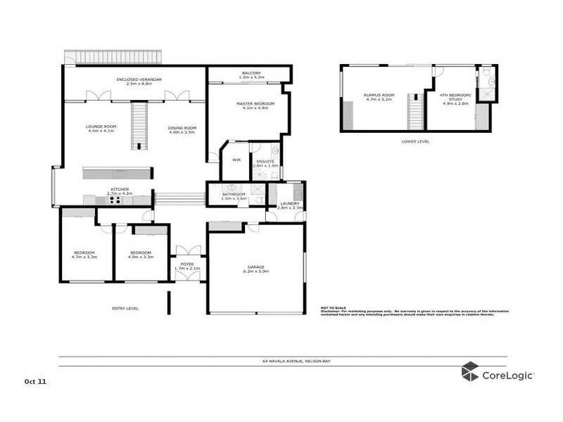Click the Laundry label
(289, 205)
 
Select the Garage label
(257, 268)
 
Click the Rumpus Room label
(379, 96)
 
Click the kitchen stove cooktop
(114, 200)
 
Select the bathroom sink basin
(229, 189)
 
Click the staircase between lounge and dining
(139, 125)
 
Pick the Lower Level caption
(415, 141)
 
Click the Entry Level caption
(125, 308)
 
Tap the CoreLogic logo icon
(469, 371)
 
